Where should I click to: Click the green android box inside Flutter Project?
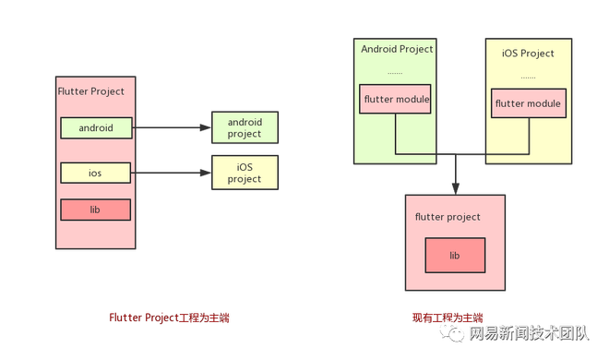pos(96,127)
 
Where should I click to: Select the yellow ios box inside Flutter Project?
pos(96,173)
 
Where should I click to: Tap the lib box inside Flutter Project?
pos(96,210)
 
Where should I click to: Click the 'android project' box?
pos(245,127)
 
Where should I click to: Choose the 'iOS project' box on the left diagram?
pos(245,173)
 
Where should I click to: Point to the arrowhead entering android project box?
pos(205,127)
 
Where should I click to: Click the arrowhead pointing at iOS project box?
pos(205,173)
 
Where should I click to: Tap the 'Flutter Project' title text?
pos(90,91)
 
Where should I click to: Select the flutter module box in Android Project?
pos(395,99)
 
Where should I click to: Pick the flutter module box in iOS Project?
pos(529,103)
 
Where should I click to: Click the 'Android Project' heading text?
pos(397,49)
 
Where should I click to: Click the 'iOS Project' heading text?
pos(528,54)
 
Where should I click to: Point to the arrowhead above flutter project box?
pos(456,188)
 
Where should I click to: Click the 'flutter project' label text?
pos(448,217)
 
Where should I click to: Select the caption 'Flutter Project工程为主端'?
pos(169,318)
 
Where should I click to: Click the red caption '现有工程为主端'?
pos(448,318)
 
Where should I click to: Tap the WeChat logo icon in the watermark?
pos(452,333)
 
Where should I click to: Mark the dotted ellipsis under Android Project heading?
pos(395,73)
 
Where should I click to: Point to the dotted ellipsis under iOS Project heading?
pos(528,78)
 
